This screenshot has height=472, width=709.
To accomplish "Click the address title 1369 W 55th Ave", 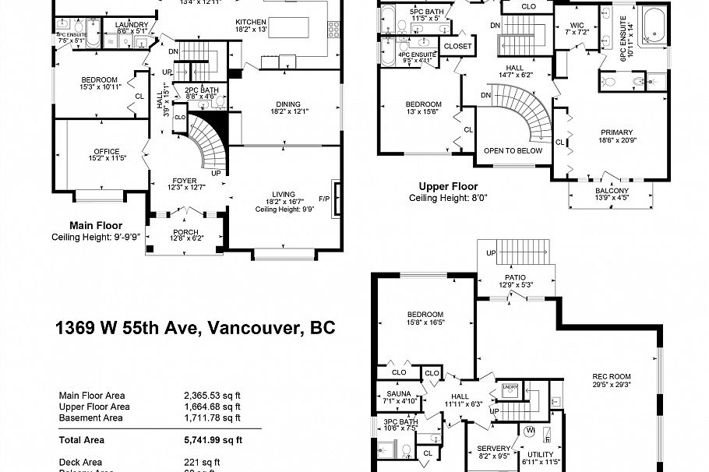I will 195,328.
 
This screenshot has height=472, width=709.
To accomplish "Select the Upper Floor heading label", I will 448,187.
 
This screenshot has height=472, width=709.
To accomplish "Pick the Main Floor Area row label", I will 94,396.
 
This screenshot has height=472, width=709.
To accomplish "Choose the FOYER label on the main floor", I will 185,180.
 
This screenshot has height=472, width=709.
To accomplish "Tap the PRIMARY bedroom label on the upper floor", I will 616,132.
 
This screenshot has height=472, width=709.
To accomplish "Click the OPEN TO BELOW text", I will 513,151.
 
